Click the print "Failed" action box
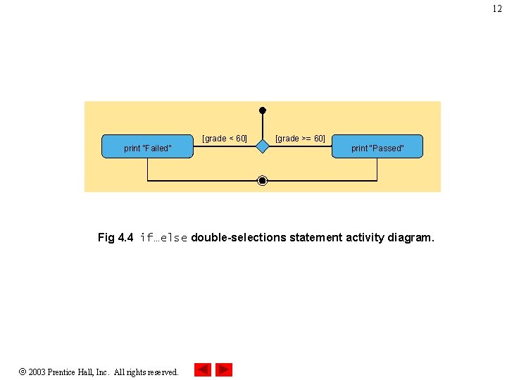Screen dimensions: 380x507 click(147, 146)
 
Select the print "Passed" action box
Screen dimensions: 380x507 click(377, 146)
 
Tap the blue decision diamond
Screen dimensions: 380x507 click(262, 146)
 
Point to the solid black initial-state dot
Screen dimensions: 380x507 click(263, 110)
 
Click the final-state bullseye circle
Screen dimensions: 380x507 click(263, 181)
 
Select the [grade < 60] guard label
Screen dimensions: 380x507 click(225, 139)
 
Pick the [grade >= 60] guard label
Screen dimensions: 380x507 click(300, 139)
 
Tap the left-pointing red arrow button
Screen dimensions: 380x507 click(203, 369)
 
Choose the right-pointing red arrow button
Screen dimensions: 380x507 click(224, 369)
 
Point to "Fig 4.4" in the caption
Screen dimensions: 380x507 click(115, 238)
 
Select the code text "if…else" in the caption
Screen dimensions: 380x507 click(163, 238)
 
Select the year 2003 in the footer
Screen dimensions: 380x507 click(38, 372)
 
